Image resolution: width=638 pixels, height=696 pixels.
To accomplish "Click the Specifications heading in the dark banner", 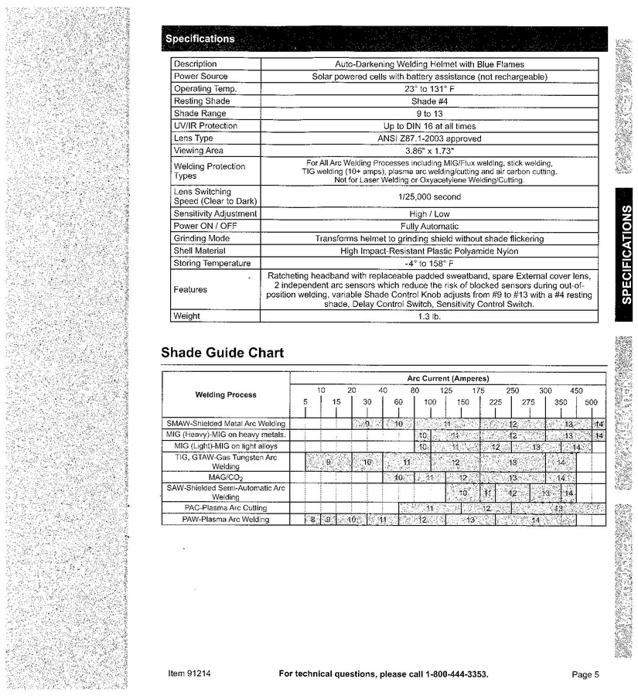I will click(199, 39).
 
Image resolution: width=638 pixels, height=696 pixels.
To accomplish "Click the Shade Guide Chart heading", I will click(222, 353).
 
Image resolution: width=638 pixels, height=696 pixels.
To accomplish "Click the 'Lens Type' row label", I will click(193, 138).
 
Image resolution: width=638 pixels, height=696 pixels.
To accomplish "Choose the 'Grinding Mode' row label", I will click(202, 239).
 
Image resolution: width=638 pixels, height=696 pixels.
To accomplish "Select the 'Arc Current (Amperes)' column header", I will click(448, 378).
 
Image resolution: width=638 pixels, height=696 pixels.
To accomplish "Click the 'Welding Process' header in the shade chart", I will click(226, 395).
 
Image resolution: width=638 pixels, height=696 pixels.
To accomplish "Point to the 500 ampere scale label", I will click(591, 403).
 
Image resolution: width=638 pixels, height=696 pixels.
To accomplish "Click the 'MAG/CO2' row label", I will click(226, 478).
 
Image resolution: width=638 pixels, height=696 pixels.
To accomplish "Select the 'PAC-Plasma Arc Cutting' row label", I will click(226, 508).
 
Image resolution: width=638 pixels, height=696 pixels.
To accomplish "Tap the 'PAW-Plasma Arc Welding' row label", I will click(226, 520).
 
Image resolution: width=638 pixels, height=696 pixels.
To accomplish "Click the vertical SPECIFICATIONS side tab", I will click(623, 255).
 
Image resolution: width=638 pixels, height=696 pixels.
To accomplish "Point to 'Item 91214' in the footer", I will click(189, 674).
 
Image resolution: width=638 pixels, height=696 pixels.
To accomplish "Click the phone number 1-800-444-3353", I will click(456, 674).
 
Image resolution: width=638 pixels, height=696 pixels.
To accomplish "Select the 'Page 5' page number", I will click(585, 674).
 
